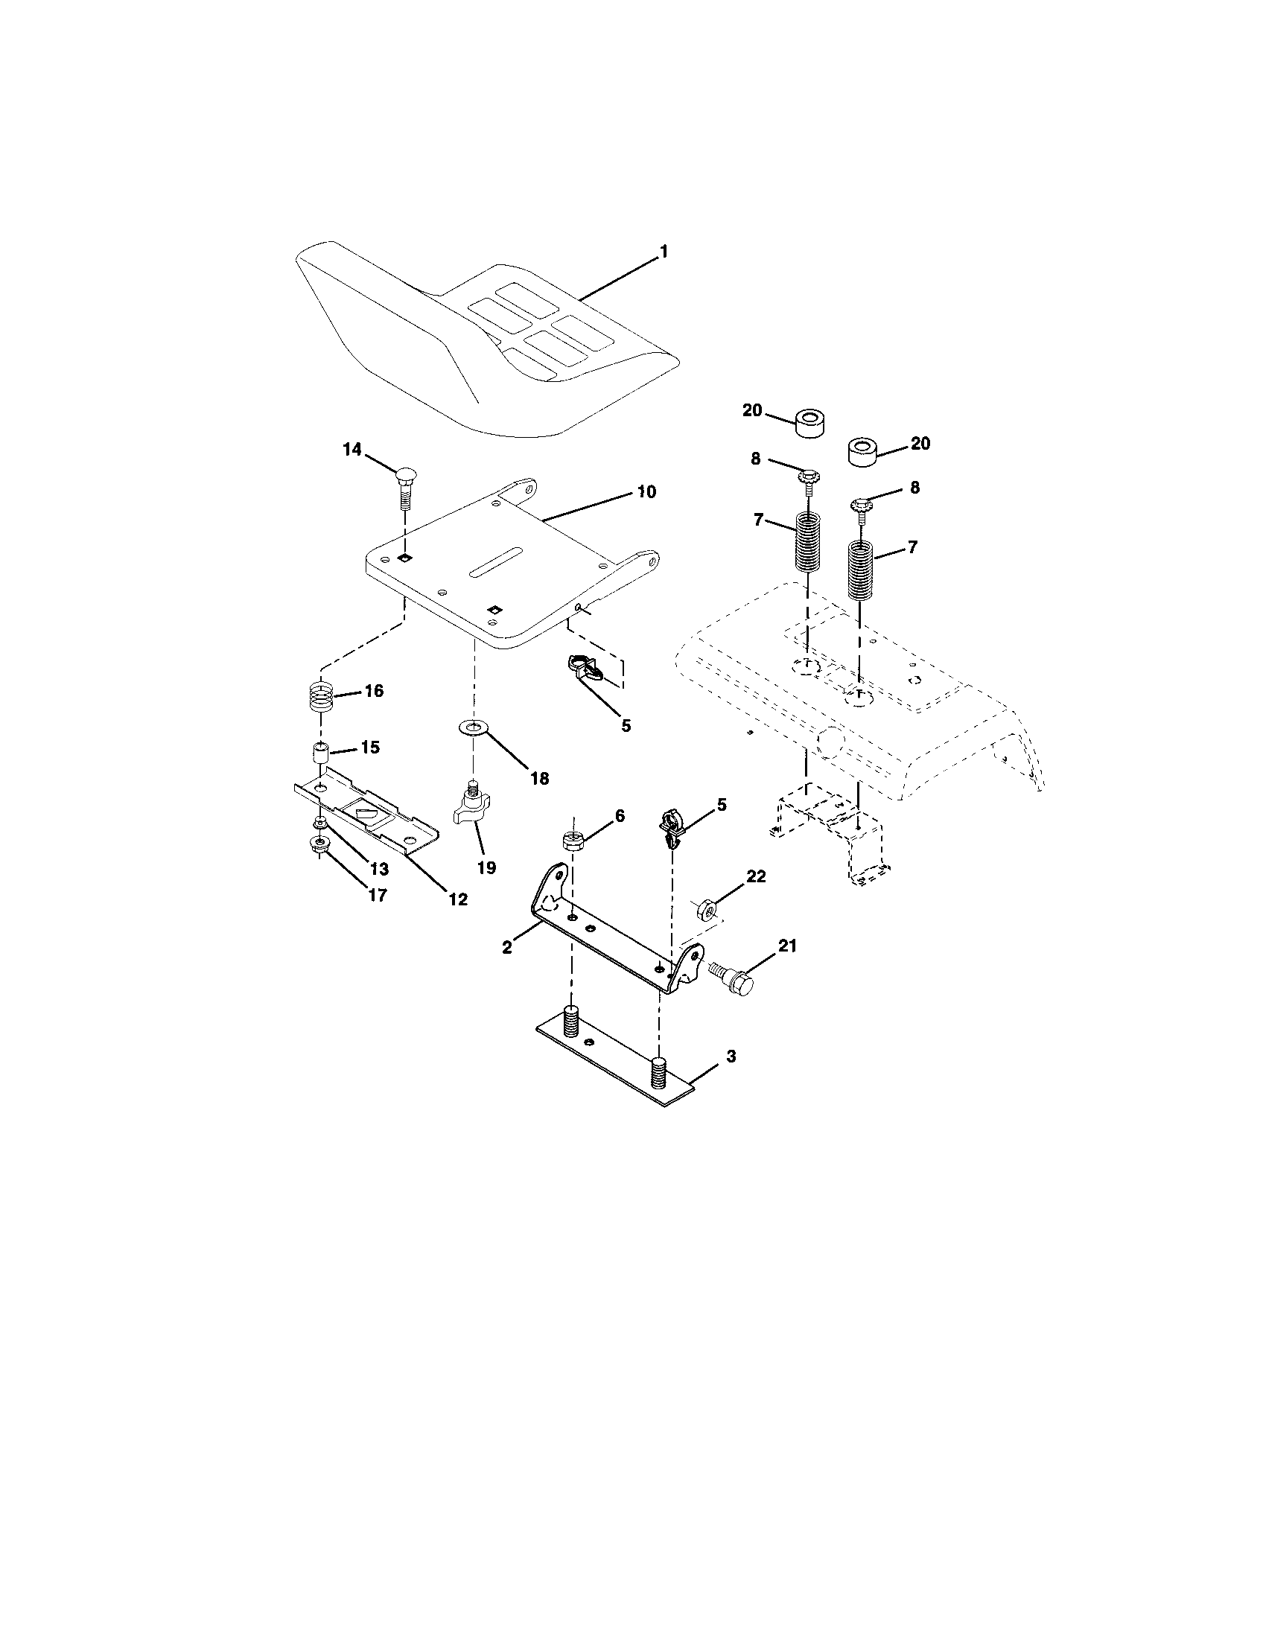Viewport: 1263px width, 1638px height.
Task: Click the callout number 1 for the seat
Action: [x=662, y=252]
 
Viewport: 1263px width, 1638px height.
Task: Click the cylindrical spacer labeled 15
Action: [x=321, y=753]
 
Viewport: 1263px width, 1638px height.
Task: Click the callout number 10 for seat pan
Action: [x=646, y=492]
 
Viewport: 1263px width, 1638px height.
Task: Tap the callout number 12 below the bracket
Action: [x=456, y=899]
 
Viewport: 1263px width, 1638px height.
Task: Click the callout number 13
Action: [x=378, y=868]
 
